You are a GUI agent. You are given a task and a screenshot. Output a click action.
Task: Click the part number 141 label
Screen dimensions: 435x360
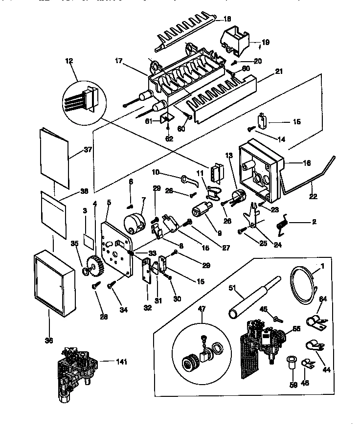(121, 362)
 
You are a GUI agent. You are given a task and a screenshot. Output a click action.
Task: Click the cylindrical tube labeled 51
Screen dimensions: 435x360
(254, 298)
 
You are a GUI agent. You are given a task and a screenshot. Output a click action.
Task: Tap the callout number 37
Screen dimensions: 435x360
(88, 150)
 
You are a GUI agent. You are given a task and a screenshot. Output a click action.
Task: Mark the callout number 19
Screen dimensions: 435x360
(265, 43)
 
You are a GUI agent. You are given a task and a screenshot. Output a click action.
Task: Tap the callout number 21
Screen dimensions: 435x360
(279, 71)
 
